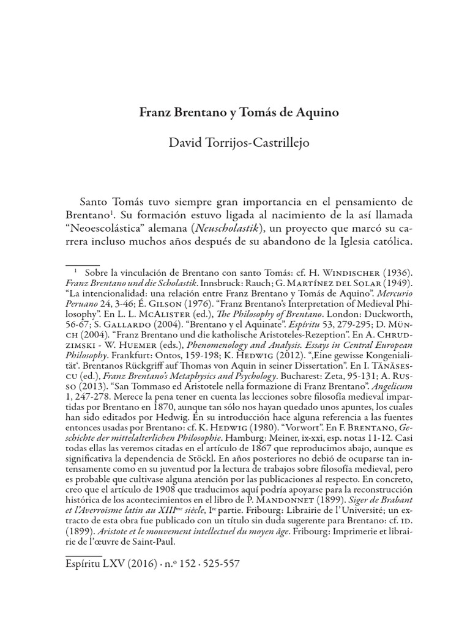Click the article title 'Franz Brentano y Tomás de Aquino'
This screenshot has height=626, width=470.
[x=235, y=113]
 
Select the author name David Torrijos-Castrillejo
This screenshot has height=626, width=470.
[x=235, y=143]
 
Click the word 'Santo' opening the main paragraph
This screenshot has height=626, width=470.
[x=97, y=202]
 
